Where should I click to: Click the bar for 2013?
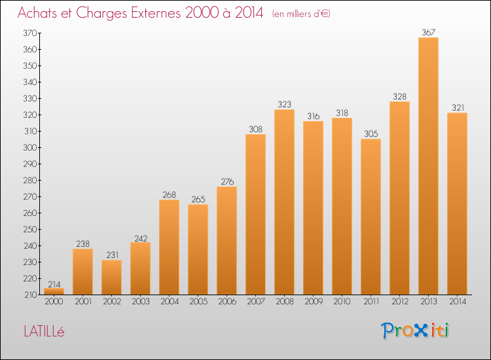(x=428, y=166)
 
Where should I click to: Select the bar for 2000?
(x=54, y=291)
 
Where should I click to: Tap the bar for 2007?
(x=255, y=215)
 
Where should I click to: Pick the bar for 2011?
(x=371, y=217)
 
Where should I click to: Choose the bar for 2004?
(x=169, y=247)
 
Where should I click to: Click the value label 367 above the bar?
(x=428, y=32)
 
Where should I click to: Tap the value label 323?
(x=284, y=104)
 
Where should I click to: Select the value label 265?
(x=198, y=199)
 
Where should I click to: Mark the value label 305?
(x=371, y=134)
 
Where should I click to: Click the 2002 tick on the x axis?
(x=111, y=302)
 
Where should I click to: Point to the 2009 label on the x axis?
(x=313, y=302)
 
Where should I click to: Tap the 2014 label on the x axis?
(x=457, y=302)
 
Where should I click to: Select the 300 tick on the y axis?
(x=30, y=147)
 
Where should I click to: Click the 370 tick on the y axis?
(x=30, y=33)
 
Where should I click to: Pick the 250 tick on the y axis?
(x=30, y=229)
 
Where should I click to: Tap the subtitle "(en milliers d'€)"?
(x=301, y=14)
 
